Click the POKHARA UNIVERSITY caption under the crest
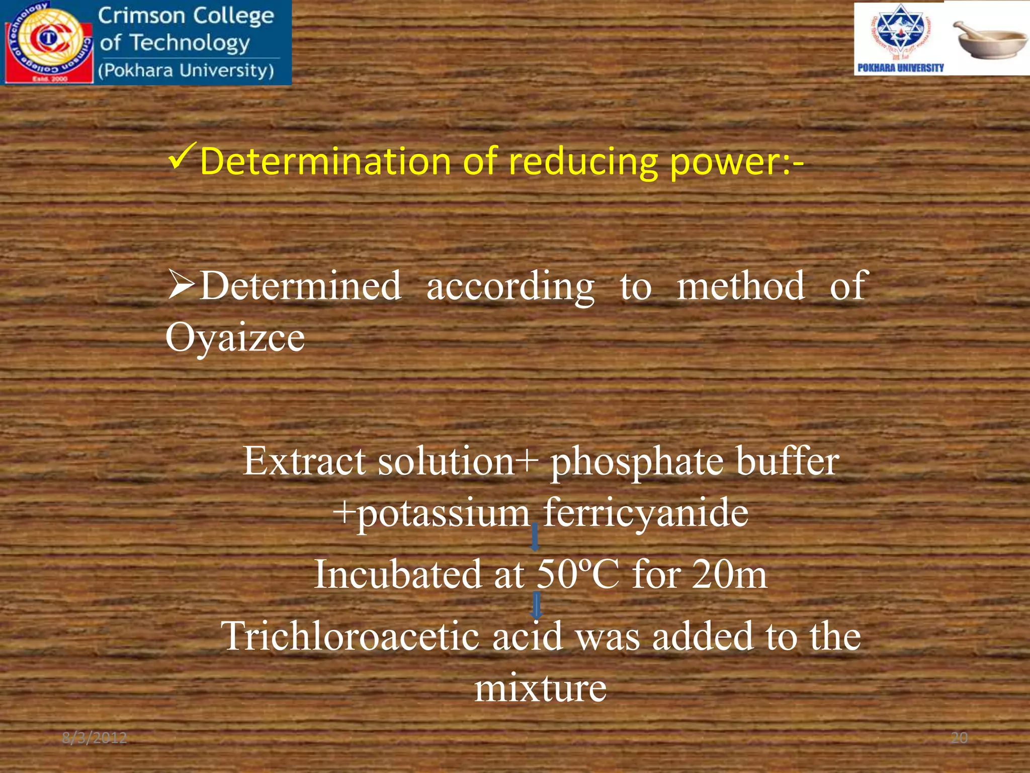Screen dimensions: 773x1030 coord(900,68)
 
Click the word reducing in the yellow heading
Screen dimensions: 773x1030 coord(582,162)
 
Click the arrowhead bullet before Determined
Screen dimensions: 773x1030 coord(181,285)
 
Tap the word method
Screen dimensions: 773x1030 coord(740,286)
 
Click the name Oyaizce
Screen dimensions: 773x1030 coord(235,337)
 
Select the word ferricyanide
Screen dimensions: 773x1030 coord(646,513)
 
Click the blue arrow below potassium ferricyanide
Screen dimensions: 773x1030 coord(535,537)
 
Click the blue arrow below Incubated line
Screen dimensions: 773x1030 coord(537,606)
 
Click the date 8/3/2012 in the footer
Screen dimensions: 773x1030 coord(95,738)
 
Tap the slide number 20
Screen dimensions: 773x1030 coord(959,738)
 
